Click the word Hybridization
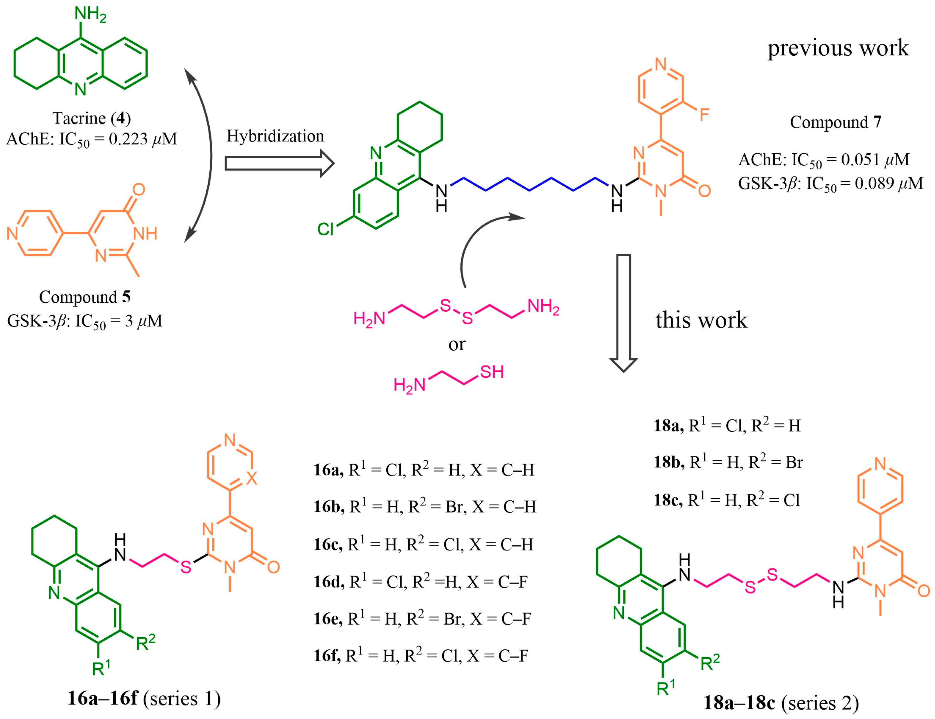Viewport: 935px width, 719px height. [x=275, y=136]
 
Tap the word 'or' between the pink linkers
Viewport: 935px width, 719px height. [x=457, y=344]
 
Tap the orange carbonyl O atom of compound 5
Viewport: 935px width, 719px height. [x=139, y=189]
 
